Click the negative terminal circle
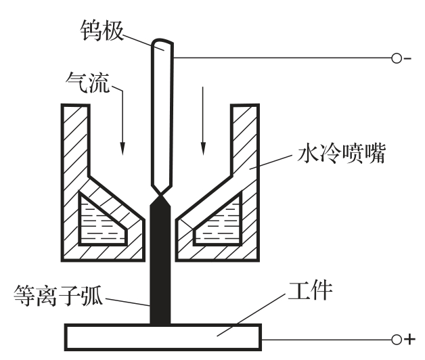pos(397,58)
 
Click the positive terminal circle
pos(397,338)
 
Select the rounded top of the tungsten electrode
pos(162,46)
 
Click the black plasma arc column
pos(161,271)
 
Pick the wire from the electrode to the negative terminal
pos(284,58)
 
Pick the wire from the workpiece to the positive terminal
pos(325,338)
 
